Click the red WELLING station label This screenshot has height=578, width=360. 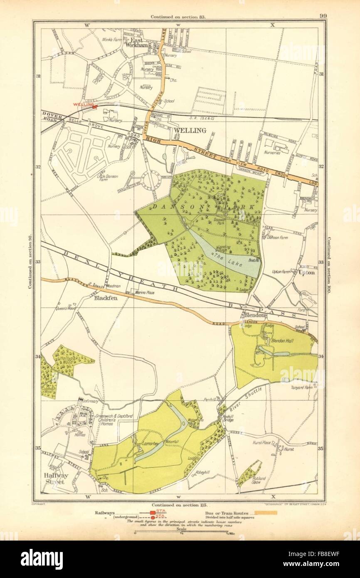click(x=81, y=104)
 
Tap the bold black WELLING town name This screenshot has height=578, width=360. click(x=190, y=130)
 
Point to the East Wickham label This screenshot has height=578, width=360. click(x=135, y=43)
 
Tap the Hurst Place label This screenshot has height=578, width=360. click(x=261, y=443)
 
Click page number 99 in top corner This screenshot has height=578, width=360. click(x=323, y=16)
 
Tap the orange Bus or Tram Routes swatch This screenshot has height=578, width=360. click(x=265, y=513)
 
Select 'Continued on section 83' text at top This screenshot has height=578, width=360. click(x=179, y=17)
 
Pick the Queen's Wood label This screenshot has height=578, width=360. click(x=64, y=309)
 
